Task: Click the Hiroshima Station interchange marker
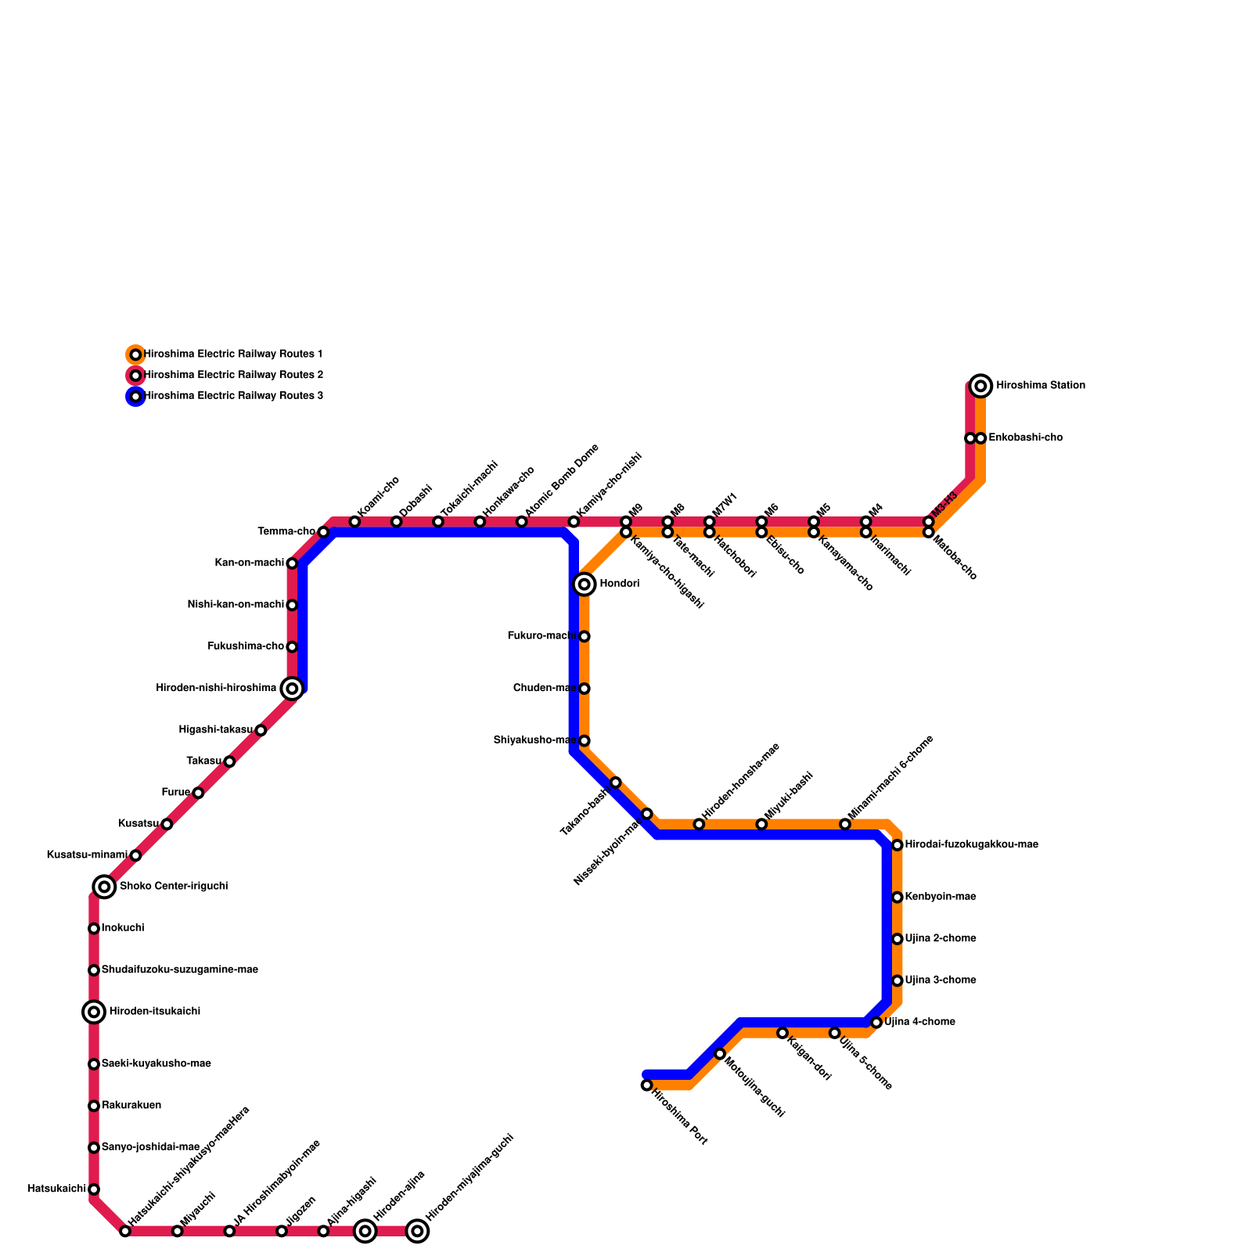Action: [980, 386]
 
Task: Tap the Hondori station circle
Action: [585, 584]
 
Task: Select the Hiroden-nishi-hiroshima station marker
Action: [292, 689]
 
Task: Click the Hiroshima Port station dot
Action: [646, 1085]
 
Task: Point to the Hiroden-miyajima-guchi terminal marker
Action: [418, 1232]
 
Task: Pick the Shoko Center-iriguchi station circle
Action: [104, 887]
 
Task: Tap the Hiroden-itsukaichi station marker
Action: [94, 1013]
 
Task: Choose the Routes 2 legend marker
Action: [135, 376]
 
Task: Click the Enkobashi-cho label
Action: [1025, 437]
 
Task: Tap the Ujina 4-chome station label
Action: [919, 1022]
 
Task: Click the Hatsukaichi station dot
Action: [94, 1189]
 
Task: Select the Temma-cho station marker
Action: [323, 532]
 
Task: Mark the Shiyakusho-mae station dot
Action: [585, 740]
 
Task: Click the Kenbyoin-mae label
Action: [940, 897]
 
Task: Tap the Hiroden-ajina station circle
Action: [365, 1232]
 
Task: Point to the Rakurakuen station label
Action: [131, 1106]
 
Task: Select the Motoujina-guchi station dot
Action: [720, 1054]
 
